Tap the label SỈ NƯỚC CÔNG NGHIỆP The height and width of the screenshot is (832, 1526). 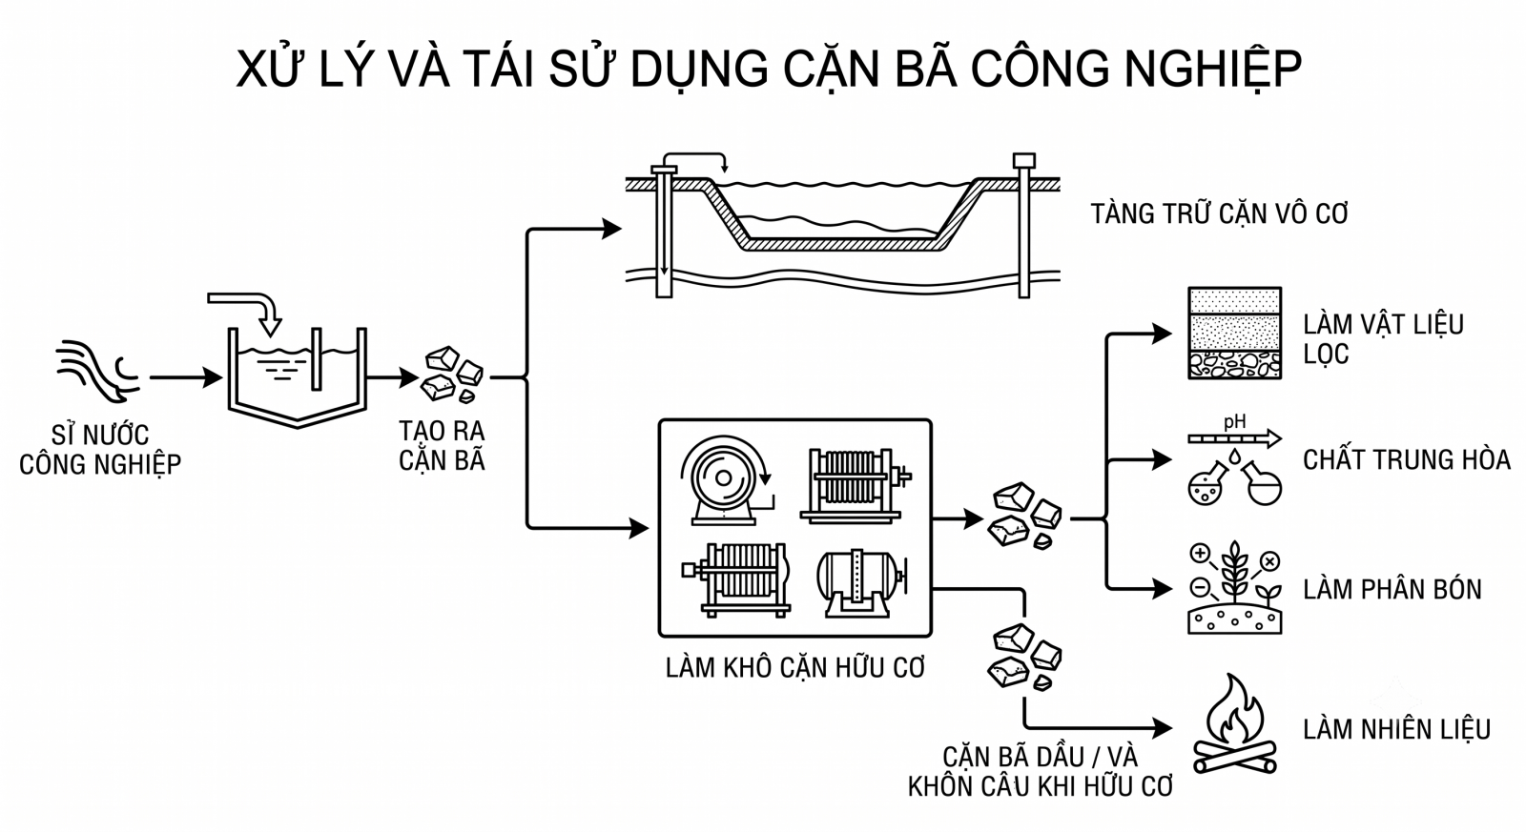(100, 450)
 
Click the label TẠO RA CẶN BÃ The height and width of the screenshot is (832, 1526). (442, 445)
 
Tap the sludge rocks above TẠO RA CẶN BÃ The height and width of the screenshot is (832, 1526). (453, 375)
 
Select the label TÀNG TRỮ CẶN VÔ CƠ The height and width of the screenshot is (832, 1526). (1220, 213)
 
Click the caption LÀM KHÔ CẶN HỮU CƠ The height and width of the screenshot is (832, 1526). (795, 668)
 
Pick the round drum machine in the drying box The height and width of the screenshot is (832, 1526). (726, 480)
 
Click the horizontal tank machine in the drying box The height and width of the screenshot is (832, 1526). (862, 583)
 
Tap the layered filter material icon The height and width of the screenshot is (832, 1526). (1234, 333)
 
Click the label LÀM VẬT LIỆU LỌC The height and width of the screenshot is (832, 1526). (1383, 339)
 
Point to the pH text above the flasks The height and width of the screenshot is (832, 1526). (1234, 422)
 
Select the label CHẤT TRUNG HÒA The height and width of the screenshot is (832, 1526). (1406, 460)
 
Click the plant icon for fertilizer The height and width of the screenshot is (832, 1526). (1234, 588)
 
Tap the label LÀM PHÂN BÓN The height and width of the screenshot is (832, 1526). (1392, 590)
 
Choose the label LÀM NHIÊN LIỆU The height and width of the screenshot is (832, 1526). (1396, 729)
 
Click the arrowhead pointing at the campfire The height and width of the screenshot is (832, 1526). (1163, 728)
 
